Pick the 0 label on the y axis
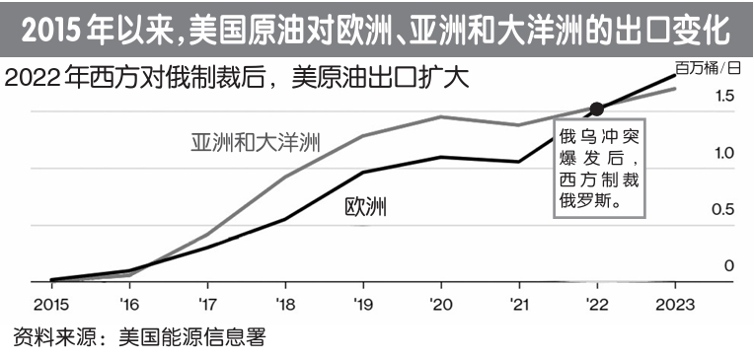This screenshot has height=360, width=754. (729, 265)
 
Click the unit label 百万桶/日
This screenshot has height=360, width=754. (707, 68)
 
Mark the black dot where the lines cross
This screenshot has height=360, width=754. (595, 108)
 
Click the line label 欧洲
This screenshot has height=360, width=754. (365, 207)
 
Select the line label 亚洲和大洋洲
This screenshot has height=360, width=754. (256, 141)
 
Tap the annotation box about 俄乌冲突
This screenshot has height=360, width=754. (599, 167)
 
